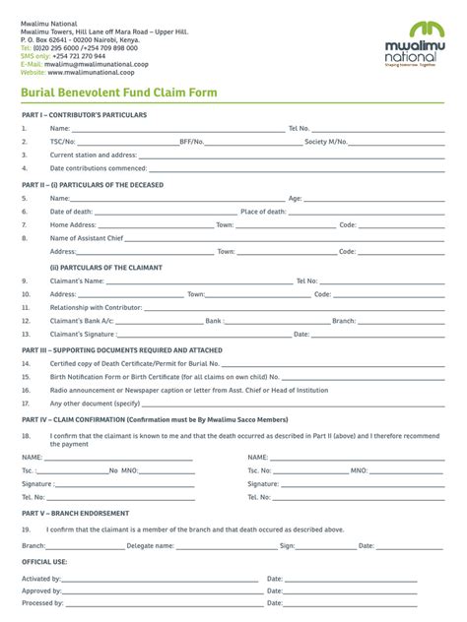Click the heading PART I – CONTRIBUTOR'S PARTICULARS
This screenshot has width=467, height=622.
[x=84, y=115]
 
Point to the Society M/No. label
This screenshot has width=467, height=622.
[x=325, y=142]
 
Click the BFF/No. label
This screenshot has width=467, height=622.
[x=191, y=142]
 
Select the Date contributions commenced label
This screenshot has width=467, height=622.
[x=99, y=168]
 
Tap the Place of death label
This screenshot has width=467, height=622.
[x=263, y=212]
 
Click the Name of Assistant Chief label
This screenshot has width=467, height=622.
[x=87, y=238]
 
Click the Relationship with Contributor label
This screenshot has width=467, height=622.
[x=96, y=307]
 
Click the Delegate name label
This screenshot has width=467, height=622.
[x=151, y=545]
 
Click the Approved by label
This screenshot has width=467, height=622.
[x=42, y=591]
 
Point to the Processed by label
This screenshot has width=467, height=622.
[x=43, y=603]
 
